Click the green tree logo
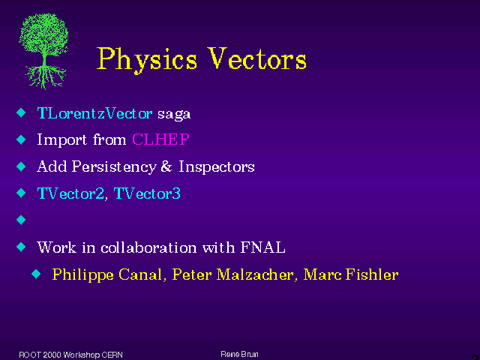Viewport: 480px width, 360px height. [43, 51]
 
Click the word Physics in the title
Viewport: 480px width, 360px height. [147, 60]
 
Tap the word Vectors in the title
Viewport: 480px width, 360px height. [256, 58]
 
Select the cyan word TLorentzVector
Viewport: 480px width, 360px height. [94, 113]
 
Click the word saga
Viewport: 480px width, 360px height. [174, 115]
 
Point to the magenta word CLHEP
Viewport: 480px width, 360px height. [160, 139]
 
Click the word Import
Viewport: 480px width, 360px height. [61, 140]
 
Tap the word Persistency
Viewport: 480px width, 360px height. [114, 167]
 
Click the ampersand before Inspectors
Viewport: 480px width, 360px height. [166, 166]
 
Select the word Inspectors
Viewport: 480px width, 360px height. [217, 167]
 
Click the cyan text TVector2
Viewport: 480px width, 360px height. [70, 193]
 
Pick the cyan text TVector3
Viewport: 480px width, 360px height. [147, 193]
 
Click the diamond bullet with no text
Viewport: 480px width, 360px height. [21, 220]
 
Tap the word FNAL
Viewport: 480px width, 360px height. [263, 247]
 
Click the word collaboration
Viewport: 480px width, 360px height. [148, 247]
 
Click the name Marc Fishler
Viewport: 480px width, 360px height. [351, 274]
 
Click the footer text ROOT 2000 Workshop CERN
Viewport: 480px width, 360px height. [70, 355]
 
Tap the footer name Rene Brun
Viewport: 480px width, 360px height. [239, 354]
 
